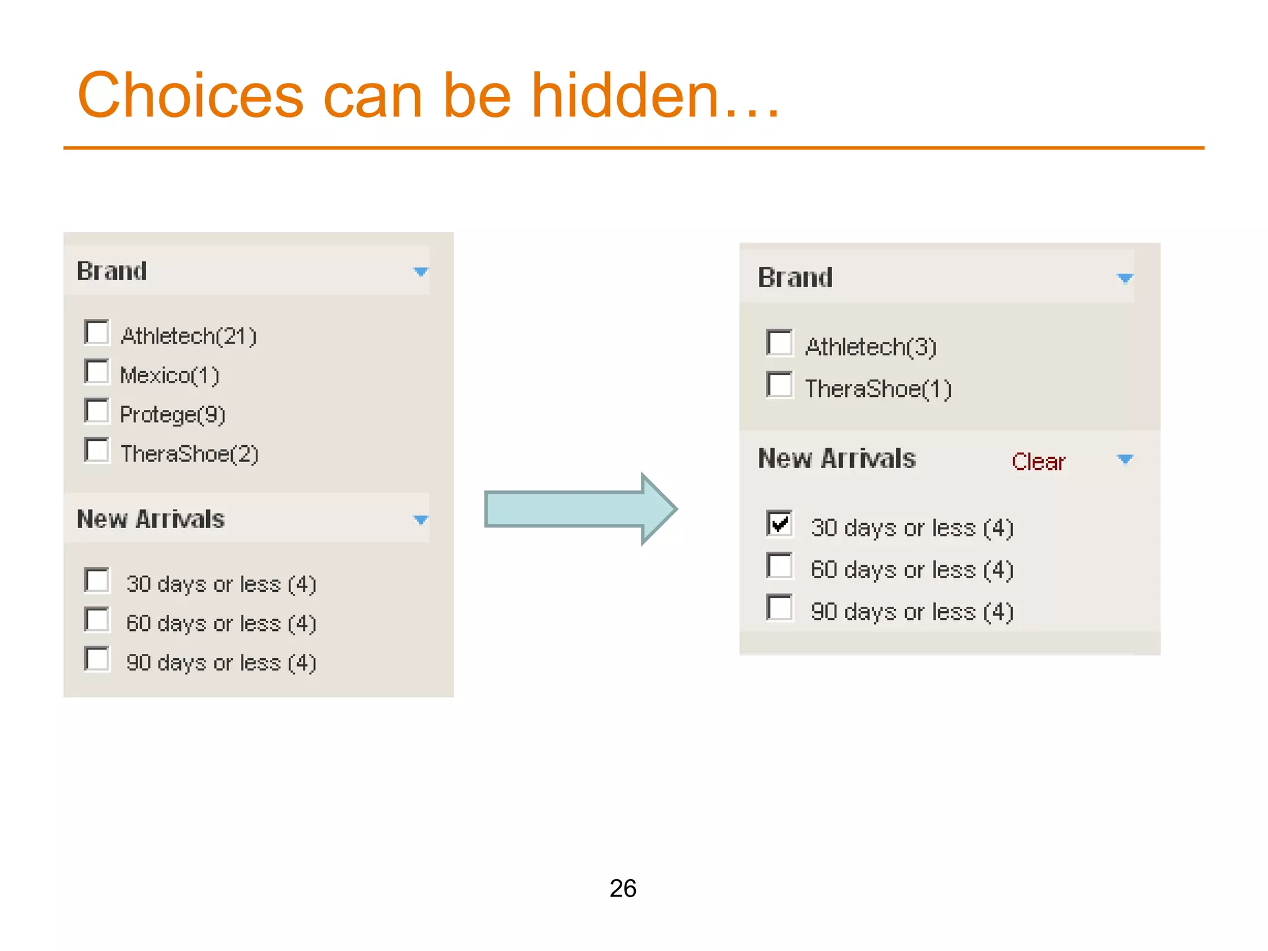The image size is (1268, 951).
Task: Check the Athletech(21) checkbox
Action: (97, 332)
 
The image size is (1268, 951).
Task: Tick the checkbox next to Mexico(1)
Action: (97, 372)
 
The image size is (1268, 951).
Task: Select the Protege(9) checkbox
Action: (97, 411)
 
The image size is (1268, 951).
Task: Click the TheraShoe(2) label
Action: (189, 454)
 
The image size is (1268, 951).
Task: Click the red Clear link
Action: (1038, 462)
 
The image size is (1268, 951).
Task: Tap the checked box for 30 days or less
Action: (779, 524)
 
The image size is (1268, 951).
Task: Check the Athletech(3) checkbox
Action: (779, 343)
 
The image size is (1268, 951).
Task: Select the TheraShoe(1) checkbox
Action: (779, 385)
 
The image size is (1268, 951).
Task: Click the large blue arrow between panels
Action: (579, 509)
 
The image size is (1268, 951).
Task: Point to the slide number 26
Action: (623, 888)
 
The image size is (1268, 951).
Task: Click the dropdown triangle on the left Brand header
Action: (420, 272)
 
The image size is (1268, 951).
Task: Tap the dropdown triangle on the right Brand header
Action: (1124, 278)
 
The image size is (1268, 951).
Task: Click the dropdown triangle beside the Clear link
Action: (1124, 459)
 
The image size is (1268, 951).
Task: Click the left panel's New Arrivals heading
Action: (150, 519)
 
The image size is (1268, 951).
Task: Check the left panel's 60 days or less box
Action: (97, 620)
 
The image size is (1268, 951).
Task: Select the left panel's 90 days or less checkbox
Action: (97, 659)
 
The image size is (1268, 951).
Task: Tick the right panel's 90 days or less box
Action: (779, 608)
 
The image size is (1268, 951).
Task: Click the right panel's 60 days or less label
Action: (911, 570)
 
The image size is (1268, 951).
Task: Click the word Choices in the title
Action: (191, 96)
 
